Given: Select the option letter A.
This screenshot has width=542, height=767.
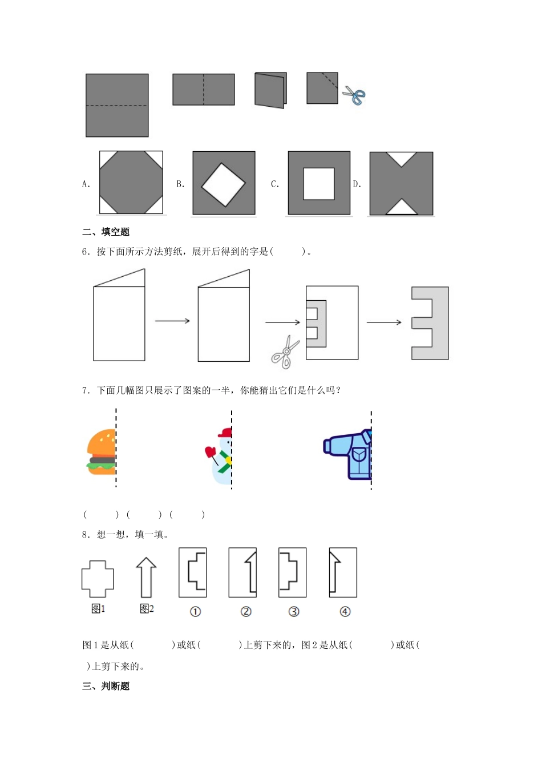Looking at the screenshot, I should (x=86, y=184).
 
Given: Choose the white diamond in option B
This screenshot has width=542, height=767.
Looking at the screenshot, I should (x=223, y=184).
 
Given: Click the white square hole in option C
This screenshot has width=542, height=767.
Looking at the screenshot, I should (x=318, y=183).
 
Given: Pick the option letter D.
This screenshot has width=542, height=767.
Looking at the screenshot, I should (x=357, y=184).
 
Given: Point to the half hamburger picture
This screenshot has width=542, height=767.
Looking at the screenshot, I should (x=102, y=452).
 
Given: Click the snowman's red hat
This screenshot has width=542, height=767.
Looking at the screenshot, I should (x=226, y=433).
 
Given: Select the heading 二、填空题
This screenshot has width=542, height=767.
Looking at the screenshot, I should (x=106, y=232).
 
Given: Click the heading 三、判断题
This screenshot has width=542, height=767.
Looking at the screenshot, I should (x=106, y=686).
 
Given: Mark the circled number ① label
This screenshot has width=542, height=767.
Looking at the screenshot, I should (x=195, y=612).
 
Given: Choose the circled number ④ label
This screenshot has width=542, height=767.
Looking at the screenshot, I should (x=345, y=612).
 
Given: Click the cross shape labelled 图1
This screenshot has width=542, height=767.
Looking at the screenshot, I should (x=98, y=579).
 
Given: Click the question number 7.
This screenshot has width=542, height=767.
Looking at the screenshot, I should (x=86, y=390).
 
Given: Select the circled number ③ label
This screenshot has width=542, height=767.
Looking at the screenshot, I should (x=294, y=612).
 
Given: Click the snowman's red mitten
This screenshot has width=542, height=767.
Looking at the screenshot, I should (x=210, y=453).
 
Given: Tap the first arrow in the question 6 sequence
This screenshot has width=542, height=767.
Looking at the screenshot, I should (x=172, y=321).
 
